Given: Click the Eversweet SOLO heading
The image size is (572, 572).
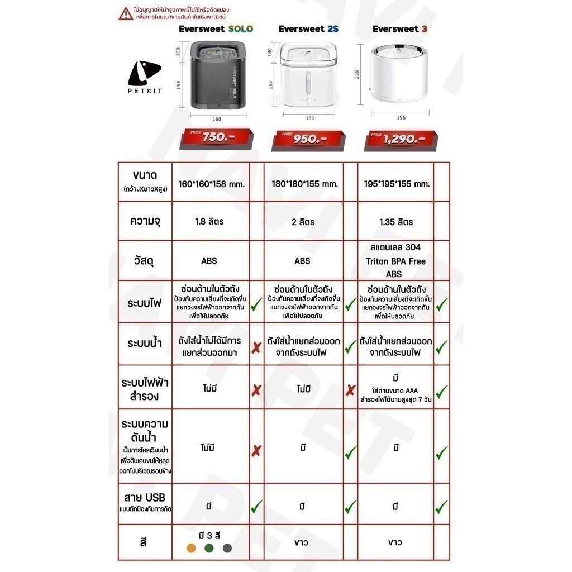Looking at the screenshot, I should (x=216, y=28).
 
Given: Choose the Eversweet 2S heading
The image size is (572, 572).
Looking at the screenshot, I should (x=309, y=28).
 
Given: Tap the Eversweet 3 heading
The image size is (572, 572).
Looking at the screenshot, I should (x=395, y=28).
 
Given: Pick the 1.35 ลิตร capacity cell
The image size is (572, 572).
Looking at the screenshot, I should (x=395, y=222).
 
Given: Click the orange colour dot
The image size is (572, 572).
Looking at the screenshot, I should (x=191, y=548).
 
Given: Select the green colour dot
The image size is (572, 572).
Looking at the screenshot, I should (x=209, y=548).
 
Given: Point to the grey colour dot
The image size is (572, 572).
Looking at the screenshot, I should (x=227, y=548).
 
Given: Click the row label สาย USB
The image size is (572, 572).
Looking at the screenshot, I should (x=144, y=497).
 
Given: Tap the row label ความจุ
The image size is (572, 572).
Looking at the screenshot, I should (x=144, y=221).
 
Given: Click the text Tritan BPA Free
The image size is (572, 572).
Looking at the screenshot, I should (x=395, y=261).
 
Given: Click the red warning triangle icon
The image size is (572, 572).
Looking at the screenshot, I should (x=126, y=14).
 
